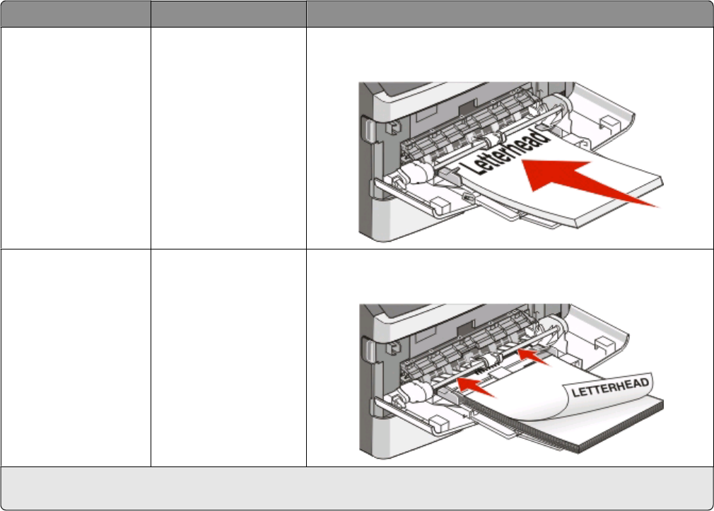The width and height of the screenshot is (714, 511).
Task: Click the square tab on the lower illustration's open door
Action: [607, 343]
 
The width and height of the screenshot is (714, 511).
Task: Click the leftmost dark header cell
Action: [75, 13]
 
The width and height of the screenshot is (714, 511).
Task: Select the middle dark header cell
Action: [228, 13]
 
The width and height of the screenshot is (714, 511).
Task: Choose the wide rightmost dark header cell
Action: [509, 13]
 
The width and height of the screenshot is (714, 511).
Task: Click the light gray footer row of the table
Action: [357, 488]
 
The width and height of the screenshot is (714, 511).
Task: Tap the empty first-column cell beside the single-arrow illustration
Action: [75, 138]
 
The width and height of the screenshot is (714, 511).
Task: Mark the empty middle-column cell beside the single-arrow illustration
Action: [228, 138]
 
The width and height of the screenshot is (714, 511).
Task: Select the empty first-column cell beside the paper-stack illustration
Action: [75, 357]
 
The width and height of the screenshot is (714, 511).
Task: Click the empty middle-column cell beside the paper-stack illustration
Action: [228, 357]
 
